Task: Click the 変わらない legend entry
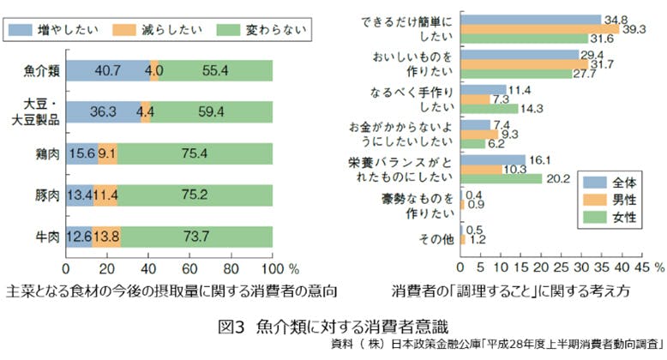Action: click(x=261, y=29)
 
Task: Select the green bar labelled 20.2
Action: click(x=502, y=178)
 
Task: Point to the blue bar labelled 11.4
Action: click(x=484, y=89)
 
